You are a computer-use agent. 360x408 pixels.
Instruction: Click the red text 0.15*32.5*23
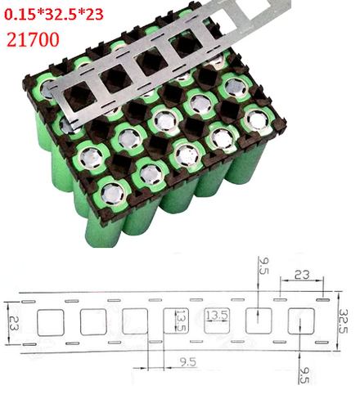55,14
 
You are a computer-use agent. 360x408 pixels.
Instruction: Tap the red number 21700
34,38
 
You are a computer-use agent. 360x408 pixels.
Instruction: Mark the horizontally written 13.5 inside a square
217,315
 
